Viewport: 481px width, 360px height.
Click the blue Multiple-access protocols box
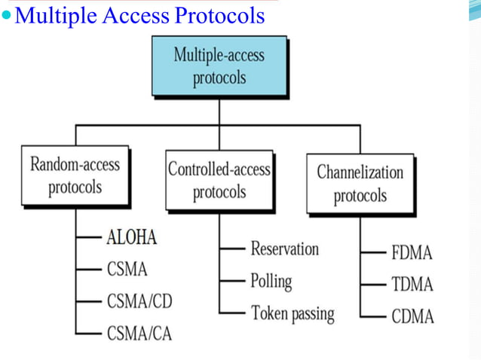click(219, 66)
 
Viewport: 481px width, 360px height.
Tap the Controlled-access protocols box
click(219, 181)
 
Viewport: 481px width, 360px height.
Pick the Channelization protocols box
click(360, 183)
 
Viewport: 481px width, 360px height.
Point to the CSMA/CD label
click(139, 301)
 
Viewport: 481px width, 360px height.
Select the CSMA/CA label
click(139, 332)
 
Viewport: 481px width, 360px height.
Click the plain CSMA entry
click(126, 269)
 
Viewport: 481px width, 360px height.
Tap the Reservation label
click(284, 249)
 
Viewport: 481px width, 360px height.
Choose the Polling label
click(271, 281)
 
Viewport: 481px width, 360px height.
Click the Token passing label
click(293, 313)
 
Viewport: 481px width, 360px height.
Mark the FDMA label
click(412, 252)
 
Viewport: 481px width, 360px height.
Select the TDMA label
click(412, 284)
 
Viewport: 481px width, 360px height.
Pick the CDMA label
click(412, 316)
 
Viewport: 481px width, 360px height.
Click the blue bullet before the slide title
click(7, 16)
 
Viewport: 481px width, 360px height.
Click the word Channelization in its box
click(360, 172)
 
